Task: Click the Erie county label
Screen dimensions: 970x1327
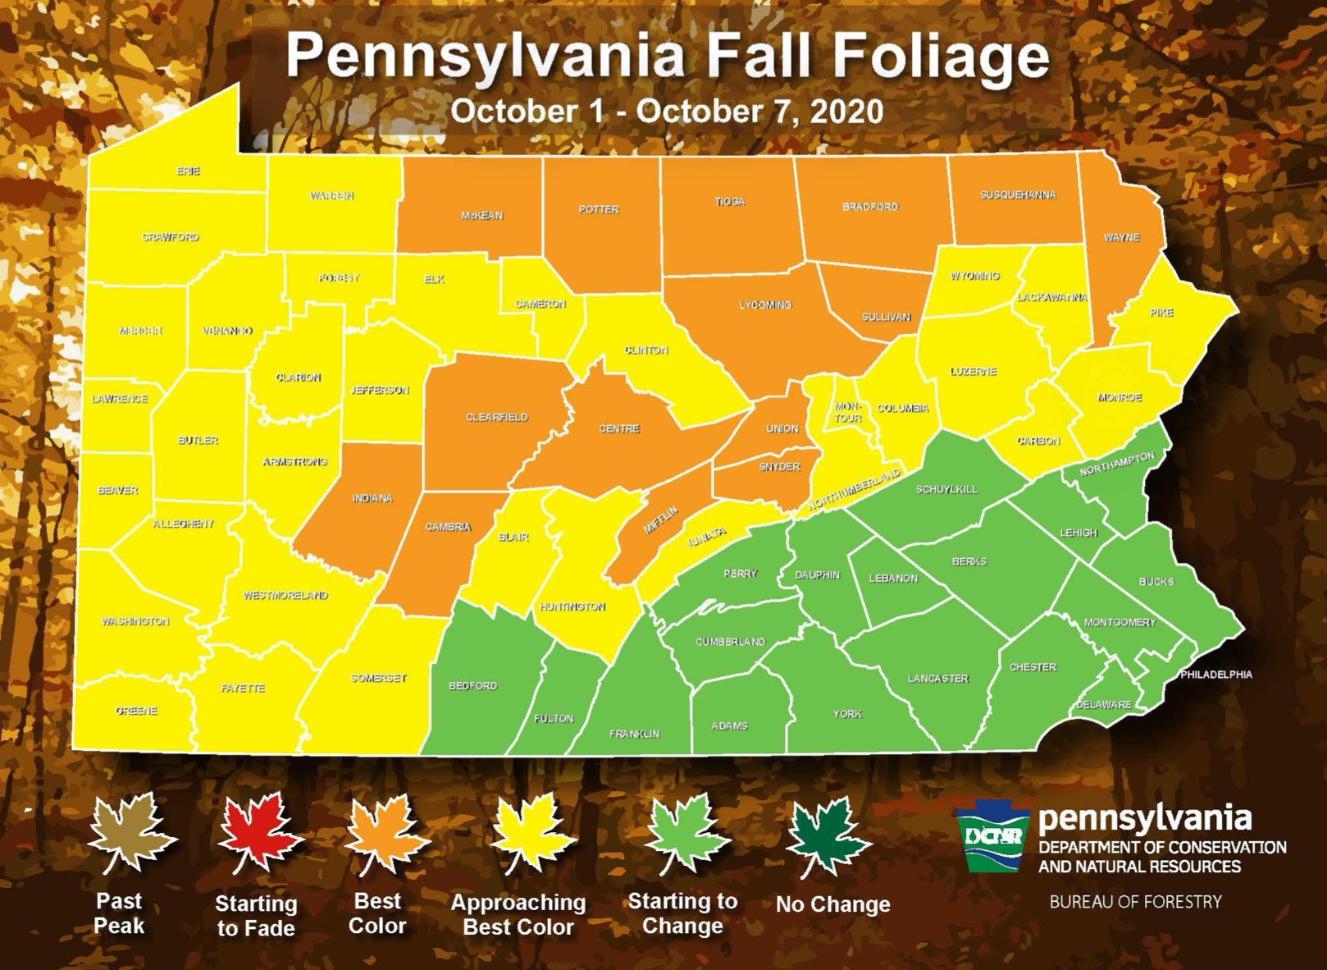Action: pos(188,171)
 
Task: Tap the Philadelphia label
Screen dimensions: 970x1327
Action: pos(1215,675)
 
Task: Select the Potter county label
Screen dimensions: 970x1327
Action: pos(599,209)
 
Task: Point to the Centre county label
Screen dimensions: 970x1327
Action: pos(618,428)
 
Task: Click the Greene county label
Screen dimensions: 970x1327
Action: pos(136,711)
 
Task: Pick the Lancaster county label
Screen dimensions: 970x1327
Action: pos(937,679)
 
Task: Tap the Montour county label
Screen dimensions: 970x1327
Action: pos(847,412)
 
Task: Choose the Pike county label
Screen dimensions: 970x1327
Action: pos(1161,313)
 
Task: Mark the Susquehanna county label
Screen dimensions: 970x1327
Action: pos(1017,195)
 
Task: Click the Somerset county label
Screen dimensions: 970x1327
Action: pos(378,678)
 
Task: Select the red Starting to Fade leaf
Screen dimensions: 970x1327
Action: pos(259,833)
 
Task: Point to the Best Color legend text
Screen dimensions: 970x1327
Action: pos(377,913)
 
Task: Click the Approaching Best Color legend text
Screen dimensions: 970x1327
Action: pos(518,914)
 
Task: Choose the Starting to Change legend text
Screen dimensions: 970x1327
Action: pos(682,913)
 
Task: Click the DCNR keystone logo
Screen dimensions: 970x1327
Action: pos(992,835)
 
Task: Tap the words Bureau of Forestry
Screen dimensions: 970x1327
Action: pos(1135,902)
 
